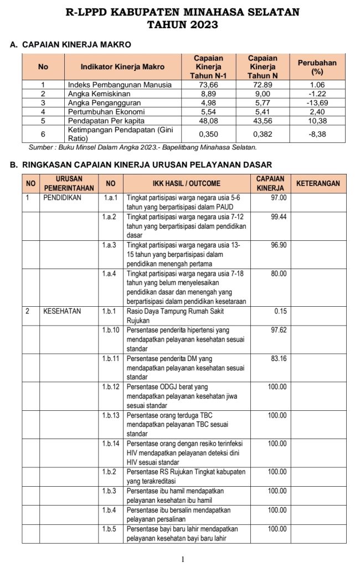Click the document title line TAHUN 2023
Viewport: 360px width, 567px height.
pos(182,24)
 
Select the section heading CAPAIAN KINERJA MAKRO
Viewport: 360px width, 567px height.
pos(76,44)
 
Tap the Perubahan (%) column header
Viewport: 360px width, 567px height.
pos(317,67)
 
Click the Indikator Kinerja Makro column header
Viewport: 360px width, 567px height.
pos(122,66)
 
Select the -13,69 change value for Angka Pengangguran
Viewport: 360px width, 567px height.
pos(317,103)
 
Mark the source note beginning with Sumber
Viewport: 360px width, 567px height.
pos(142,147)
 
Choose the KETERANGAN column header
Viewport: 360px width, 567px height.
pos(318,183)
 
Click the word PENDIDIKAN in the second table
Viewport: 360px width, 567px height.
pos(62,198)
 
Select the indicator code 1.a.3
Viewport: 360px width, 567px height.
pos(110,245)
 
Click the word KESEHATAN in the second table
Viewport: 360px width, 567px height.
pos(62,311)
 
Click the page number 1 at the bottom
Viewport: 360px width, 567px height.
pos(182,559)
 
